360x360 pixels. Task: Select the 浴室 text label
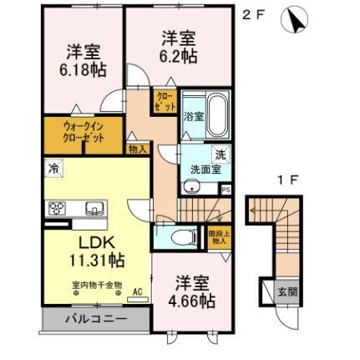point(193,117)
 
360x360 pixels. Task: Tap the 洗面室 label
point(204,167)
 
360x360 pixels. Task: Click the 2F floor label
point(251,15)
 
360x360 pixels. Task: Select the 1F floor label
point(288,180)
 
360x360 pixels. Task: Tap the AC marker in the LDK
point(138,292)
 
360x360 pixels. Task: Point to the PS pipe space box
point(226,189)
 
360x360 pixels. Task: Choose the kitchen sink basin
point(92,208)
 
